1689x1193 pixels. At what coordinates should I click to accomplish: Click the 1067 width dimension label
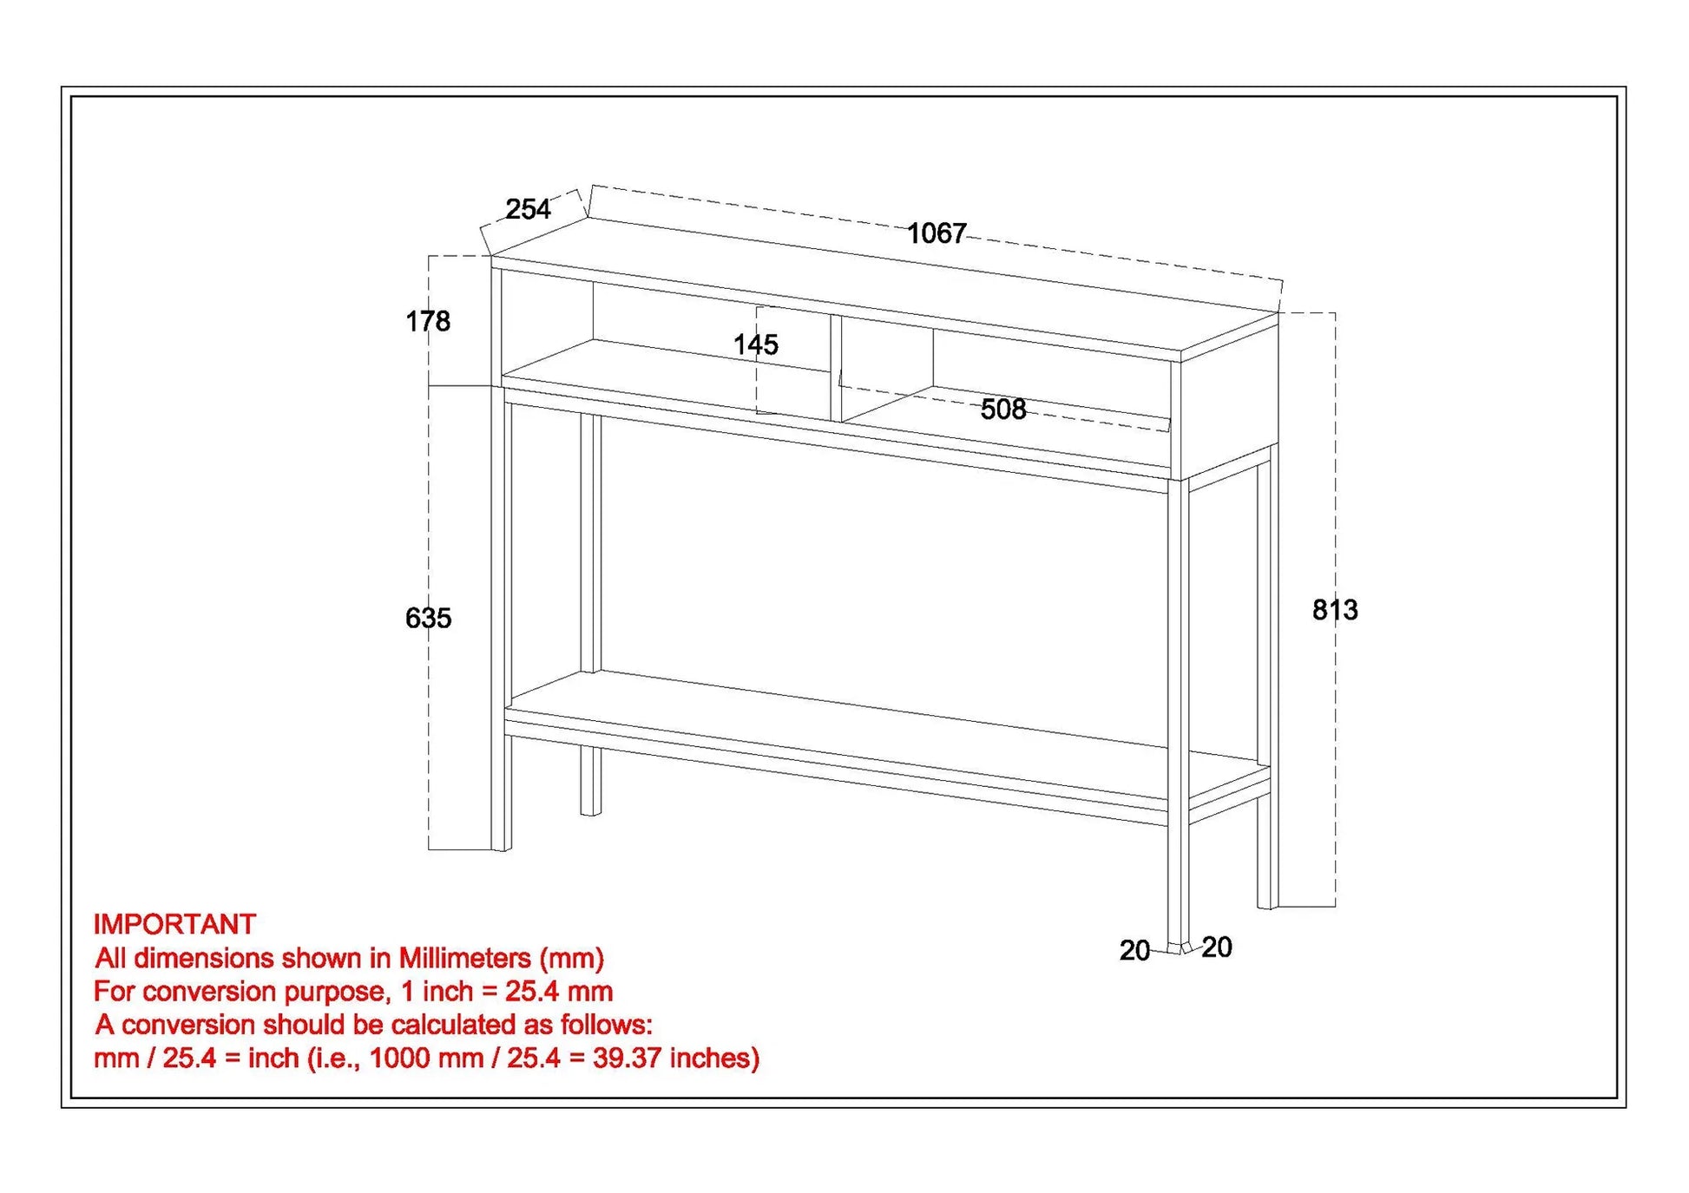[x=936, y=233]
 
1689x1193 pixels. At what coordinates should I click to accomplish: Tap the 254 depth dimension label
[x=528, y=209]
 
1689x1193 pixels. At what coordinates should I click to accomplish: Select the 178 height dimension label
[x=428, y=322]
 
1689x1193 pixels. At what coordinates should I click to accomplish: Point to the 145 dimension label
[x=755, y=344]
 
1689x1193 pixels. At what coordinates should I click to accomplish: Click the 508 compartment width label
[x=1002, y=410]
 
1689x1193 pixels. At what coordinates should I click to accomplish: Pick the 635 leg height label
[x=428, y=618]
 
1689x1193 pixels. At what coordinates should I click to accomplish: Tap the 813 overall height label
[x=1334, y=610]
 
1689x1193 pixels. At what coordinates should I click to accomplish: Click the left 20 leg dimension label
[x=1134, y=951]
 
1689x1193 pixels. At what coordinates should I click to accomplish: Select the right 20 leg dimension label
[x=1217, y=947]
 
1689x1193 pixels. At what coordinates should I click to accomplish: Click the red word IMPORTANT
[x=174, y=924]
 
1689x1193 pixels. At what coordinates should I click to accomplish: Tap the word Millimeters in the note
[x=464, y=958]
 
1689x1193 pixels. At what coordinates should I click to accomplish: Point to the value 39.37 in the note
[x=628, y=1058]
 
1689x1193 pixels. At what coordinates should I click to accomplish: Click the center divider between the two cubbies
[x=836, y=369]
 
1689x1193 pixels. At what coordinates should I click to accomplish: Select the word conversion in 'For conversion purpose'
[x=208, y=991]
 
